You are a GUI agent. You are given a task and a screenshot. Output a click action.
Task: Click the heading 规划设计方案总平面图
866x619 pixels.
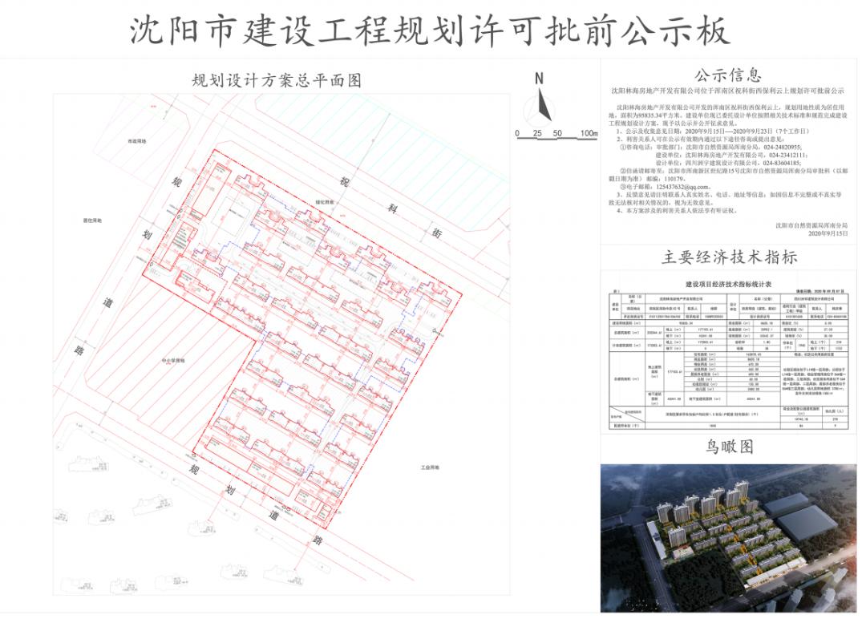277,80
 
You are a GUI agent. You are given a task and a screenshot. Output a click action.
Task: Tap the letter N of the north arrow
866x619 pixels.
540,79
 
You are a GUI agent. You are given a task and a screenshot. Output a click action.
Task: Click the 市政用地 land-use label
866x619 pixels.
139,141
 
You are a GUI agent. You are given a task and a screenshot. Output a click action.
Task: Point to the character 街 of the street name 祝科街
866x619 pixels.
436,233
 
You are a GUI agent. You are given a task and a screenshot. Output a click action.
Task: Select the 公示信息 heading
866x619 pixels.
727,76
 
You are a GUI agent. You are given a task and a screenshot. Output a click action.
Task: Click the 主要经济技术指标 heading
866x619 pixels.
729,257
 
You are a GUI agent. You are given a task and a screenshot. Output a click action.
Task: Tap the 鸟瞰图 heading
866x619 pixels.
729,447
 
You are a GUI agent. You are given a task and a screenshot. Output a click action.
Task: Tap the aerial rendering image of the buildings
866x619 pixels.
729,537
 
